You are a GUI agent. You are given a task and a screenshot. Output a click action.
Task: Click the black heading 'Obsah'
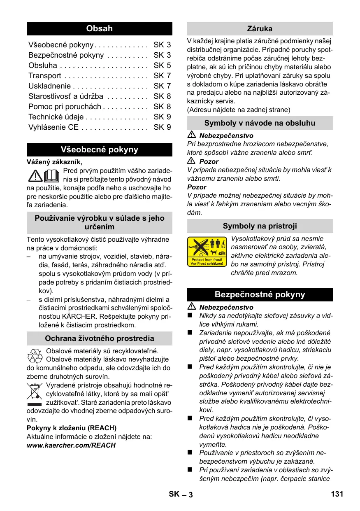tap(99, 29)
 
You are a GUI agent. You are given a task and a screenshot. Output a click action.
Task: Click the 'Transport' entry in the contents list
tap(45, 76)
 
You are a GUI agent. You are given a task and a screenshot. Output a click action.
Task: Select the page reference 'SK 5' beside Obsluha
tap(162, 65)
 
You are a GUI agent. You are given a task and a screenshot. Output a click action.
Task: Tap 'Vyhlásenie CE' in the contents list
tap(53, 127)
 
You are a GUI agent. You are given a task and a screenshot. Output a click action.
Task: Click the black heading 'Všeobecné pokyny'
tap(99, 149)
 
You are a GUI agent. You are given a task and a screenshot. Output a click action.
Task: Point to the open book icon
tap(52, 175)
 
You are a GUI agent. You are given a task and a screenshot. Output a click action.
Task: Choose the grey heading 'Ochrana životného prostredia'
tap(99, 338)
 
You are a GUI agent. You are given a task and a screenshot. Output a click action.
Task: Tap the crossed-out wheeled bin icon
tap(35, 392)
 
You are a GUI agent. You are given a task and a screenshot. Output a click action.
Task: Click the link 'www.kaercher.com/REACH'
tap(71, 445)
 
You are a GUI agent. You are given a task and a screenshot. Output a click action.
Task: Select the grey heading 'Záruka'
tap(260, 29)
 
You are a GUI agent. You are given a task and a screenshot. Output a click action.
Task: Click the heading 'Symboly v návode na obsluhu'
tap(260, 123)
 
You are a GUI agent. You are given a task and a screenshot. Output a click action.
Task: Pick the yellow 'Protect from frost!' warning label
tap(207, 252)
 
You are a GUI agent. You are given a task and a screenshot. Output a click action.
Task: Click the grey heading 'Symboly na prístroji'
tap(260, 226)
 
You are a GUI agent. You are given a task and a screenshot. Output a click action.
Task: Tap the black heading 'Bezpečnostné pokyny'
tap(260, 294)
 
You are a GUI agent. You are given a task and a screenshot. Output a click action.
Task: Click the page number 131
tap(337, 494)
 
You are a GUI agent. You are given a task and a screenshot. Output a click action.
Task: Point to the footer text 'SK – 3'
tap(181, 494)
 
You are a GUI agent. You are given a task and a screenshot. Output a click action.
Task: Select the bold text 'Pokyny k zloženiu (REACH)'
tap(72, 428)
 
